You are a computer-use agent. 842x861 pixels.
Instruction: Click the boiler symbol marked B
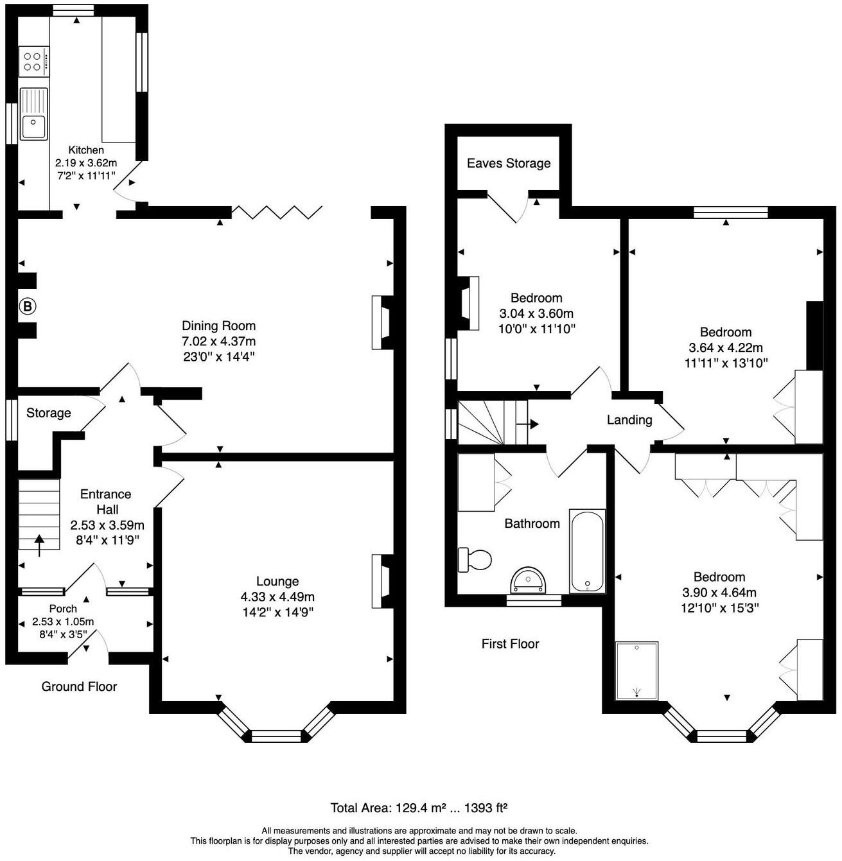point(27,307)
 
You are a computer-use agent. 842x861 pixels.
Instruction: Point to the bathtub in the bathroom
point(587,551)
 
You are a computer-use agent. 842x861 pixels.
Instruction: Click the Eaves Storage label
point(509,163)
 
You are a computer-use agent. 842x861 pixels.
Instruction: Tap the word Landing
point(629,420)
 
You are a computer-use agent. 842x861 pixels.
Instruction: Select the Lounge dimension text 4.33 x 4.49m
point(277,597)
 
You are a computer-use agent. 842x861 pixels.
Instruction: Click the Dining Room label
point(218,326)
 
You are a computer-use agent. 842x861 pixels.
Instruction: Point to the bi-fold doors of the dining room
point(277,213)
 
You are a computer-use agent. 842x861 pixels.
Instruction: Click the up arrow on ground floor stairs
point(39,545)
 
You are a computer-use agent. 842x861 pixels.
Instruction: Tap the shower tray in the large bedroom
point(636,670)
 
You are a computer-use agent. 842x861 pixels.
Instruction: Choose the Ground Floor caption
point(79,686)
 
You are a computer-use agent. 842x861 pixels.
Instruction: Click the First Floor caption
point(510,643)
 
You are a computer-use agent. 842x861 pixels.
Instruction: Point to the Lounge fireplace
point(380,581)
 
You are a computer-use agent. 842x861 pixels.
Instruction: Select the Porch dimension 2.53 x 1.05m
point(63,622)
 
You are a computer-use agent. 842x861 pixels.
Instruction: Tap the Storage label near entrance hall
point(48,413)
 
